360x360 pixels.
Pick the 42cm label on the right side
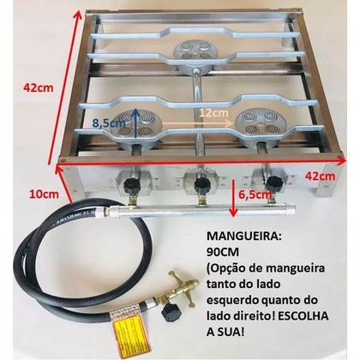tap(337, 175)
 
